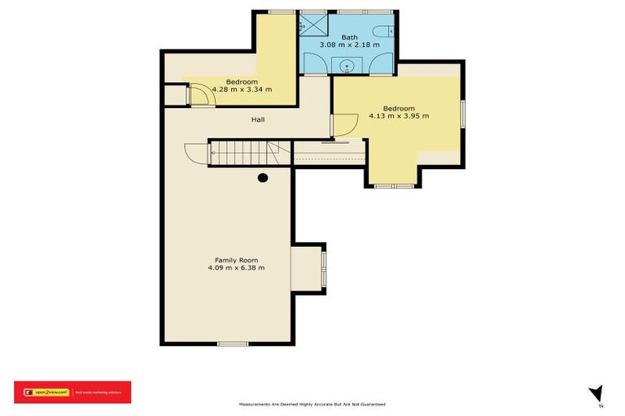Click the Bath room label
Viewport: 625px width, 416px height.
(349, 37)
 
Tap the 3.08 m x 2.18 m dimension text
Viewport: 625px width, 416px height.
(349, 45)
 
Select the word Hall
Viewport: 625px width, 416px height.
(257, 119)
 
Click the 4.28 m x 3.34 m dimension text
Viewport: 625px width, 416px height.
(242, 89)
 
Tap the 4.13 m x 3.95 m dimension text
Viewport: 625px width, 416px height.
(399, 115)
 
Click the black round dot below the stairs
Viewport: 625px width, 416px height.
(263, 177)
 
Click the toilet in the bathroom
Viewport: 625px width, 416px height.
(388, 32)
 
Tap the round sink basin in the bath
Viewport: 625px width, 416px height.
(348, 67)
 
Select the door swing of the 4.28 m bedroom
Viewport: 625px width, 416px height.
(201, 96)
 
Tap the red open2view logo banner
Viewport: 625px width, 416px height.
(72, 392)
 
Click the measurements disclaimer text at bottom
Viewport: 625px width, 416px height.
(312, 404)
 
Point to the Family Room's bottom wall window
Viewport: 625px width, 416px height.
(233, 344)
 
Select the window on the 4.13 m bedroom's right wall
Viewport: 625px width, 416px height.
(462, 114)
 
